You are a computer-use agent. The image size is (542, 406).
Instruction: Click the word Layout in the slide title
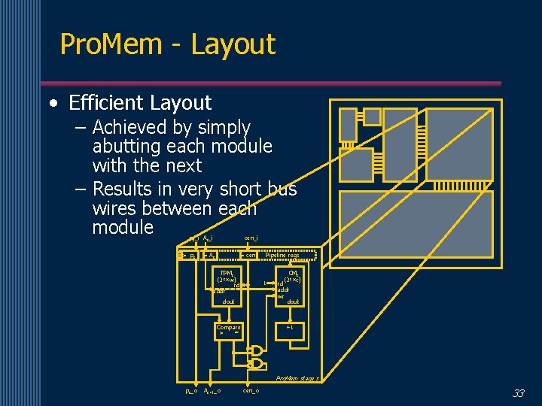point(233,45)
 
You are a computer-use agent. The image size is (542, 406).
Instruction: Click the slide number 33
point(518,393)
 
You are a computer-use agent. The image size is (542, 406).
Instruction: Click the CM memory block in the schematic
point(290,286)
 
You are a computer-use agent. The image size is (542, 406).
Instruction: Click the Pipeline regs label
point(282,255)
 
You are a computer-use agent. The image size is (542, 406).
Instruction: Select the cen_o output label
point(251,391)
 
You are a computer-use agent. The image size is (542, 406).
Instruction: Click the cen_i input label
point(251,238)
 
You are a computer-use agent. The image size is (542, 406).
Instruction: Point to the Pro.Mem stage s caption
point(297,378)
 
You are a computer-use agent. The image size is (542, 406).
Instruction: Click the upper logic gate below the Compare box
point(257,351)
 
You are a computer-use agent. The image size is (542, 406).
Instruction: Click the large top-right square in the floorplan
point(458,143)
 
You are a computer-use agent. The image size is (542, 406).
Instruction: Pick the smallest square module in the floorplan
point(348,124)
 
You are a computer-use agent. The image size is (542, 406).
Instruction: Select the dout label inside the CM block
point(293,301)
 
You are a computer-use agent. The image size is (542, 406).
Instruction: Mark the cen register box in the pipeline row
point(251,255)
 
